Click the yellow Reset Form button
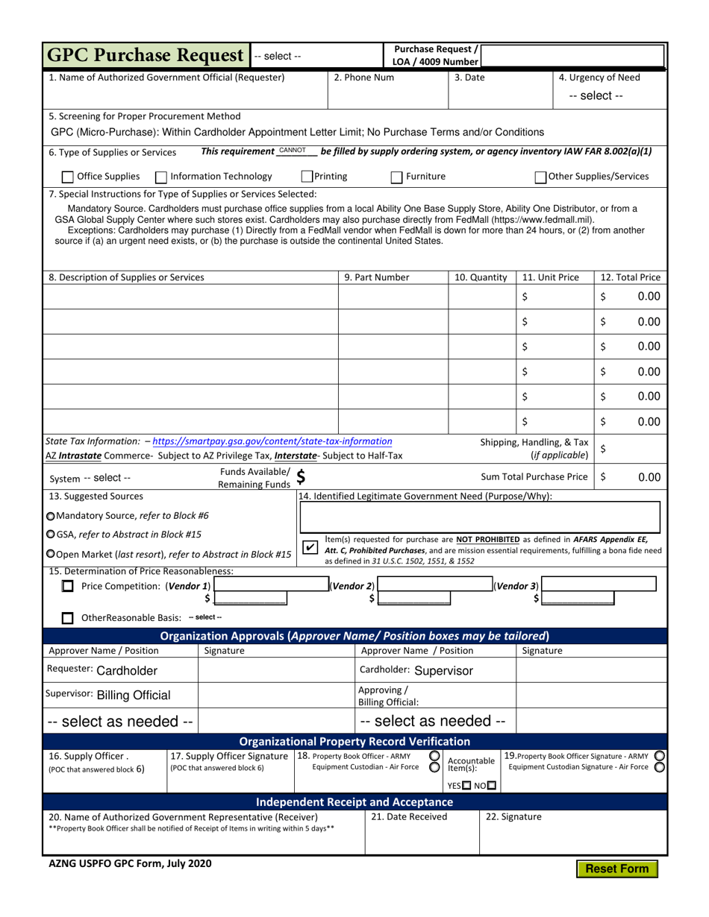tap(616, 869)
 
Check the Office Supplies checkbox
tap(67, 177)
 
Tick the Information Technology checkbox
tap(160, 177)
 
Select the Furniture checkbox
tap(397, 177)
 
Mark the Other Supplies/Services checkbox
tap(540, 177)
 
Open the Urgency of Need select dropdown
tap(596, 95)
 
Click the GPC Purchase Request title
tap(146, 55)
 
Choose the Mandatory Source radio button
tap(50, 516)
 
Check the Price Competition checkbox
tap(68, 587)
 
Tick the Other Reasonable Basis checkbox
tap(68, 617)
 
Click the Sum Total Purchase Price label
tap(534, 476)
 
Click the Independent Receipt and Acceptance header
tap(354, 802)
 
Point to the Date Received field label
tap(410, 816)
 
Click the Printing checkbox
tap(307, 177)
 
